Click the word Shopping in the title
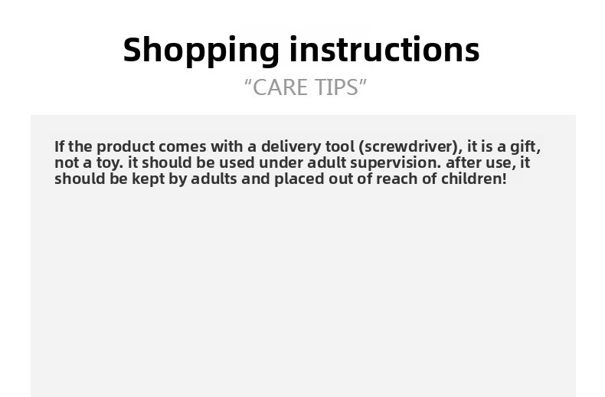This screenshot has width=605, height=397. [x=201, y=51]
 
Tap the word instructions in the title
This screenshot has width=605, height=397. [x=384, y=49]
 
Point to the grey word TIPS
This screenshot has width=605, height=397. [x=336, y=87]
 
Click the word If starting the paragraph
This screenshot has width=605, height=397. [x=60, y=146]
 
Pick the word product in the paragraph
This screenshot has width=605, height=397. [x=126, y=147]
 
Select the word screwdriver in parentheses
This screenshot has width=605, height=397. [x=410, y=146]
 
